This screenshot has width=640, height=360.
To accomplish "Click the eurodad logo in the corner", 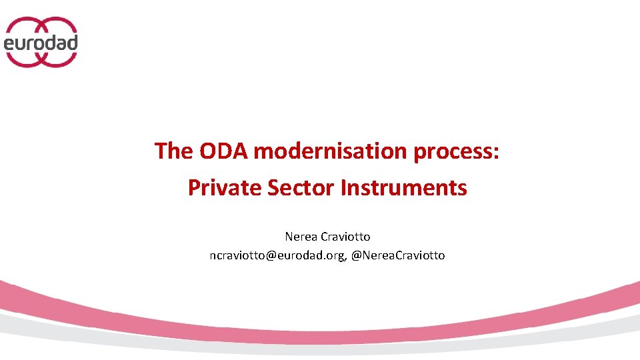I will (x=41, y=41).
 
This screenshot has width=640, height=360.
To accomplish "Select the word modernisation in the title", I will (x=331, y=151).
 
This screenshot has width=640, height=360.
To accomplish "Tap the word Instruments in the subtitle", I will (x=403, y=188).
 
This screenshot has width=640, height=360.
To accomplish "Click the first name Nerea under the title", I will (x=302, y=237).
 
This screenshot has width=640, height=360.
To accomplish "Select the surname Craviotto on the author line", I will (x=347, y=237).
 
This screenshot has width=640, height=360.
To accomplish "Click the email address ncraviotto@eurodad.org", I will (x=277, y=255).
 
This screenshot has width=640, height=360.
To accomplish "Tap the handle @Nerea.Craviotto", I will (x=398, y=255).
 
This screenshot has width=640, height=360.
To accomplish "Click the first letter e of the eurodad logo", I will (x=10, y=44).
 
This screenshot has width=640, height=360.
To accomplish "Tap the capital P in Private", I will (x=194, y=188).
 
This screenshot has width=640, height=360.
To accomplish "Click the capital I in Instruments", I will (x=343, y=188).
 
